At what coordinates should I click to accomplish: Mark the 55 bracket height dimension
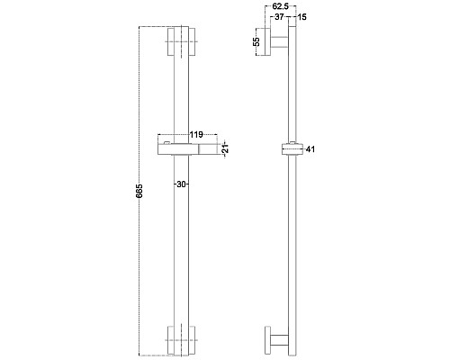click(x=256, y=42)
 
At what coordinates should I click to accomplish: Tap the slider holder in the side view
click(x=289, y=150)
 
